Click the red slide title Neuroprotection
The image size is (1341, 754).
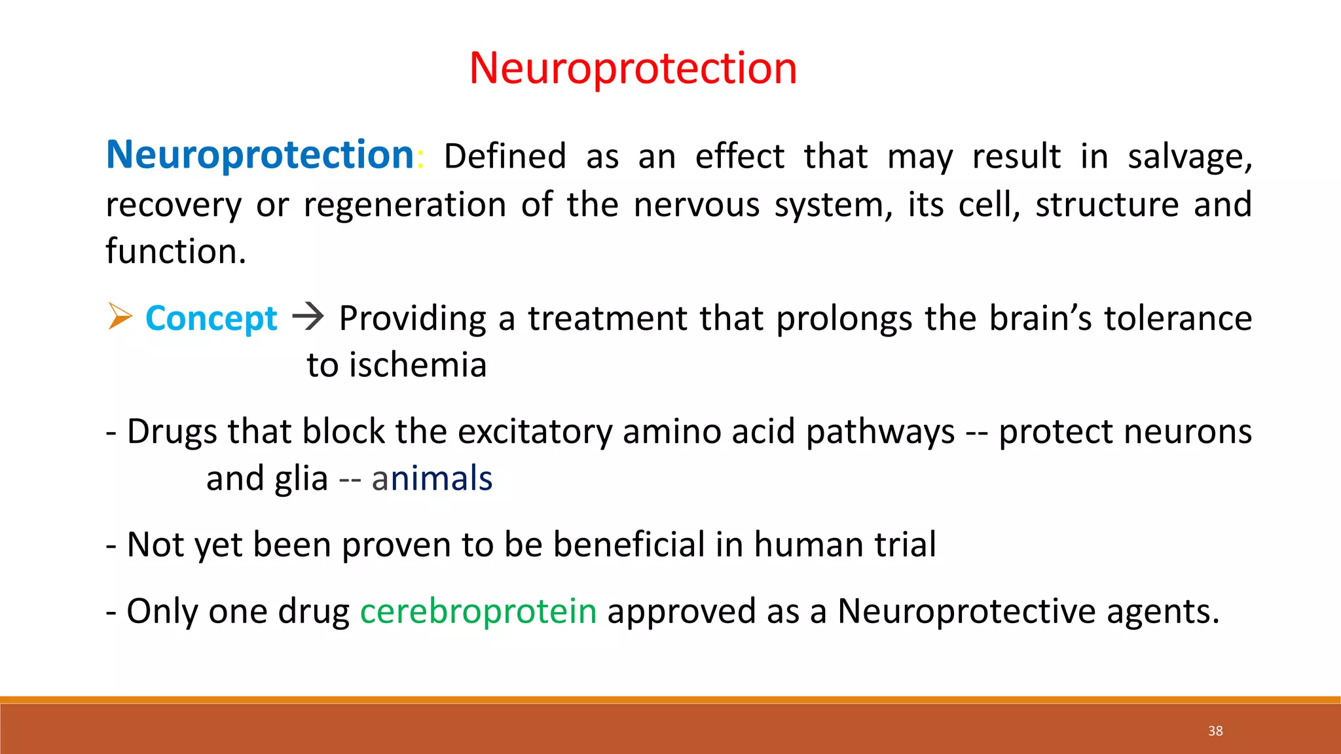tap(633, 68)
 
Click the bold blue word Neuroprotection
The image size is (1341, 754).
tap(260, 155)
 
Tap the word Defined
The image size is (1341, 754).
tap(505, 156)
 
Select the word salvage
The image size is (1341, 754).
tap(1189, 157)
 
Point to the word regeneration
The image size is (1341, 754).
tap(405, 206)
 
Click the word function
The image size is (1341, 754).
tap(175, 252)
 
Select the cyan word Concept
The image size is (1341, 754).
tap(211, 319)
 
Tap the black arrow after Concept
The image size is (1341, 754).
tap(308, 317)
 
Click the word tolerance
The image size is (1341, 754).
tap(1177, 319)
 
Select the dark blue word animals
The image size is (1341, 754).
tap(432, 478)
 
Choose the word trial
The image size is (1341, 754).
tap(906, 545)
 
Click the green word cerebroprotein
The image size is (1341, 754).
tap(478, 612)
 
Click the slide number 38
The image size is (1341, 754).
tap(1215, 731)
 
